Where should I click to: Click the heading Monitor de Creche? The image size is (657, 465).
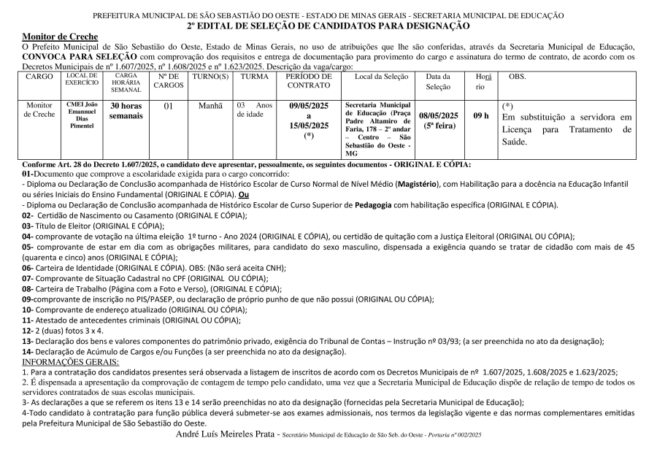click(x=55, y=36)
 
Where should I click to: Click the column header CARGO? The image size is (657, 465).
click(x=39, y=76)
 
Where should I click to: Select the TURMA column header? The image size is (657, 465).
click(x=254, y=76)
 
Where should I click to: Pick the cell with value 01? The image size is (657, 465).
click(x=168, y=106)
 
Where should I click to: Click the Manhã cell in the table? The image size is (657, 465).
click(x=211, y=106)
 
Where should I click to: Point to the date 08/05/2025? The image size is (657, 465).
click(x=439, y=115)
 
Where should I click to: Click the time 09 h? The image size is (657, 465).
click(x=481, y=115)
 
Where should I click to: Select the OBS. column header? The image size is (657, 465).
click(x=517, y=76)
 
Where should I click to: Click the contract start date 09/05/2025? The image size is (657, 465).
click(x=310, y=106)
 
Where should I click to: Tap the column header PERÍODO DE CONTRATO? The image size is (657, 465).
click(x=310, y=80)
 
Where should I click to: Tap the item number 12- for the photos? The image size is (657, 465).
click(x=28, y=331)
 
